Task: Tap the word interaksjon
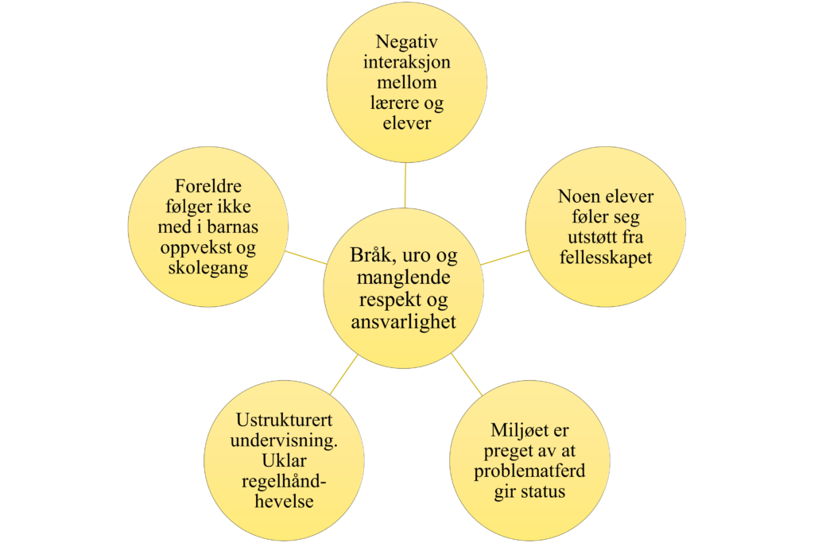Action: tap(406, 62)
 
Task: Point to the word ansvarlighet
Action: tap(404, 322)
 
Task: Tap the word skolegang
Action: tap(208, 269)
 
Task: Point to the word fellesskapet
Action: tap(606, 258)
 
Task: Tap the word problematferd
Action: tap(529, 471)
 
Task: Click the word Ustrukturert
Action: tap(285, 421)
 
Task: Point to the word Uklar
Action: tap(283, 462)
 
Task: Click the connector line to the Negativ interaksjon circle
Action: tap(405, 185)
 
